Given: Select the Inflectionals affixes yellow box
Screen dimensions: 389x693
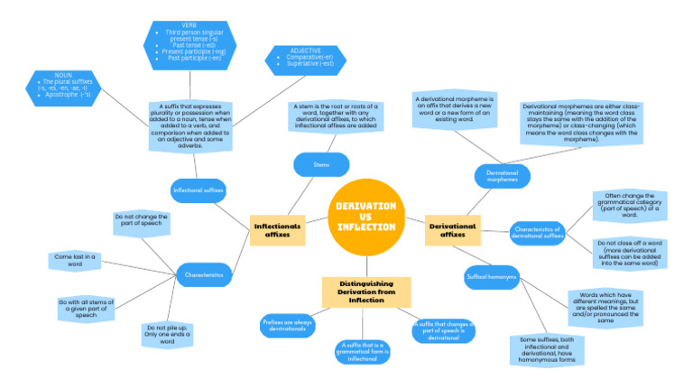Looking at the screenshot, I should (x=277, y=230).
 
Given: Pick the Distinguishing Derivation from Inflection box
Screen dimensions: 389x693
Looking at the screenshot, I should (x=366, y=292).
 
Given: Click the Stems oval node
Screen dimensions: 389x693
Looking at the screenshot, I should (x=321, y=164).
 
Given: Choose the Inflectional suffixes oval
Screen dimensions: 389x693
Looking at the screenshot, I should (x=199, y=190).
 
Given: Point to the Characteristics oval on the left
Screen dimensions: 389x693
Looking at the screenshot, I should (x=204, y=273).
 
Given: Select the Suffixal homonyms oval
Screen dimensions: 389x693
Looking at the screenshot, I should (x=491, y=276).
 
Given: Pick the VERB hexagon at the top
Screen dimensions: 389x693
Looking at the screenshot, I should (x=189, y=40).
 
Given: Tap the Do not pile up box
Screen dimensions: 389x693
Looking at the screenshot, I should (x=167, y=335).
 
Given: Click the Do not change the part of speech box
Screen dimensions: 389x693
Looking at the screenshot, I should (x=141, y=221).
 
